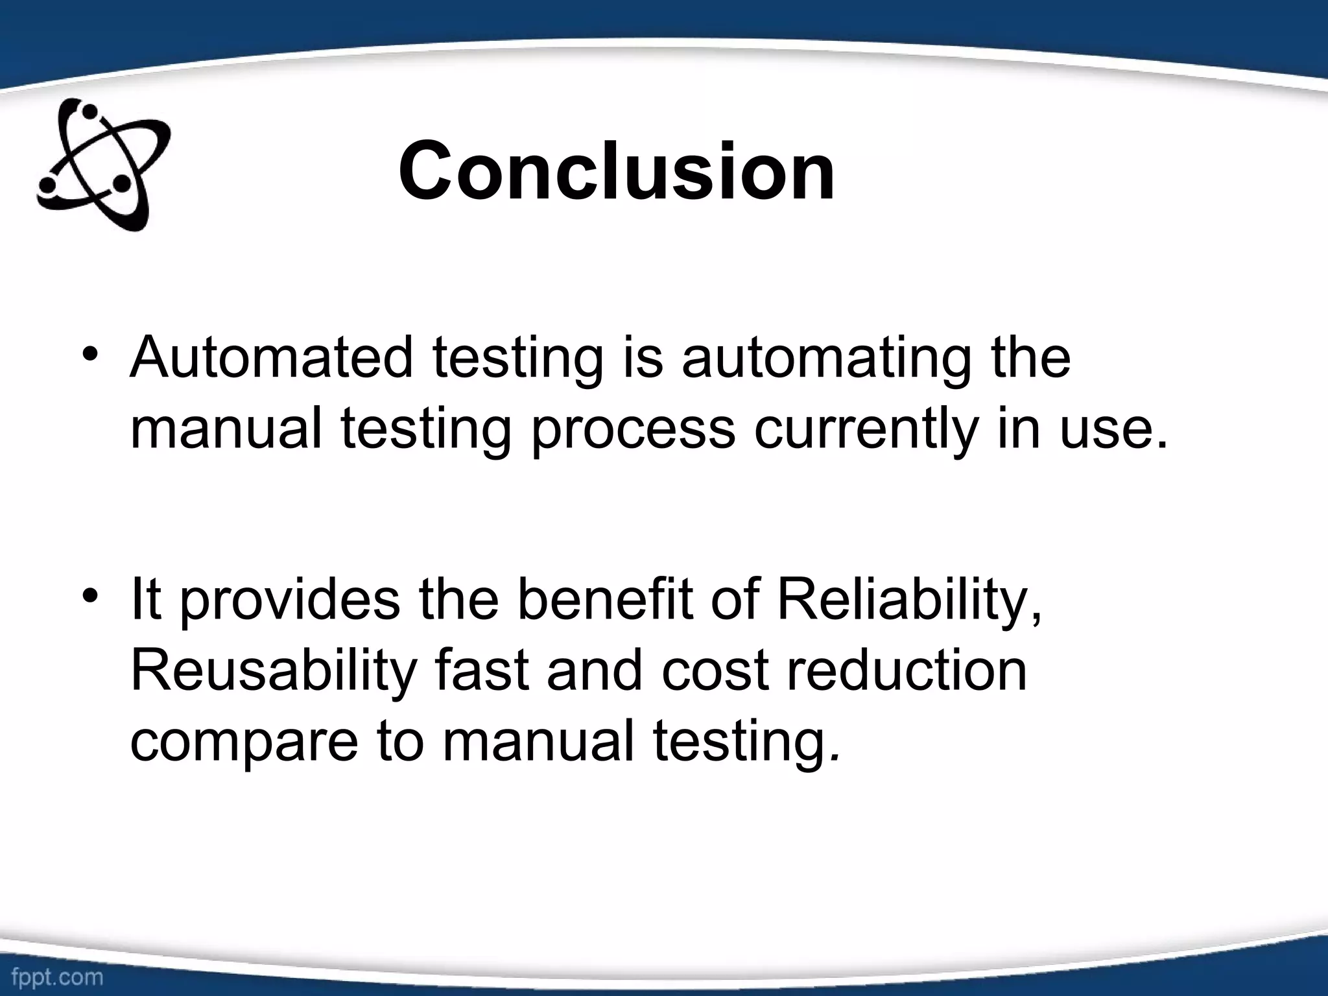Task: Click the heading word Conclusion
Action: tap(616, 172)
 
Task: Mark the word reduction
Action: tap(907, 670)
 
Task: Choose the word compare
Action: tap(244, 743)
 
